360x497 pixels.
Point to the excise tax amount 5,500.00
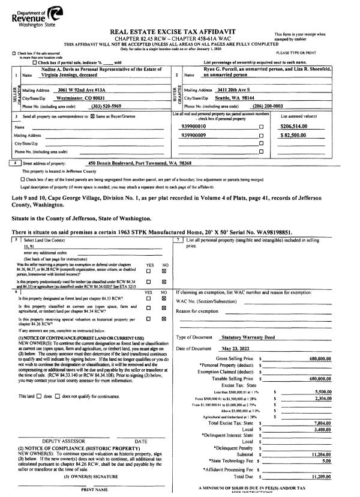coord(320,390)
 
